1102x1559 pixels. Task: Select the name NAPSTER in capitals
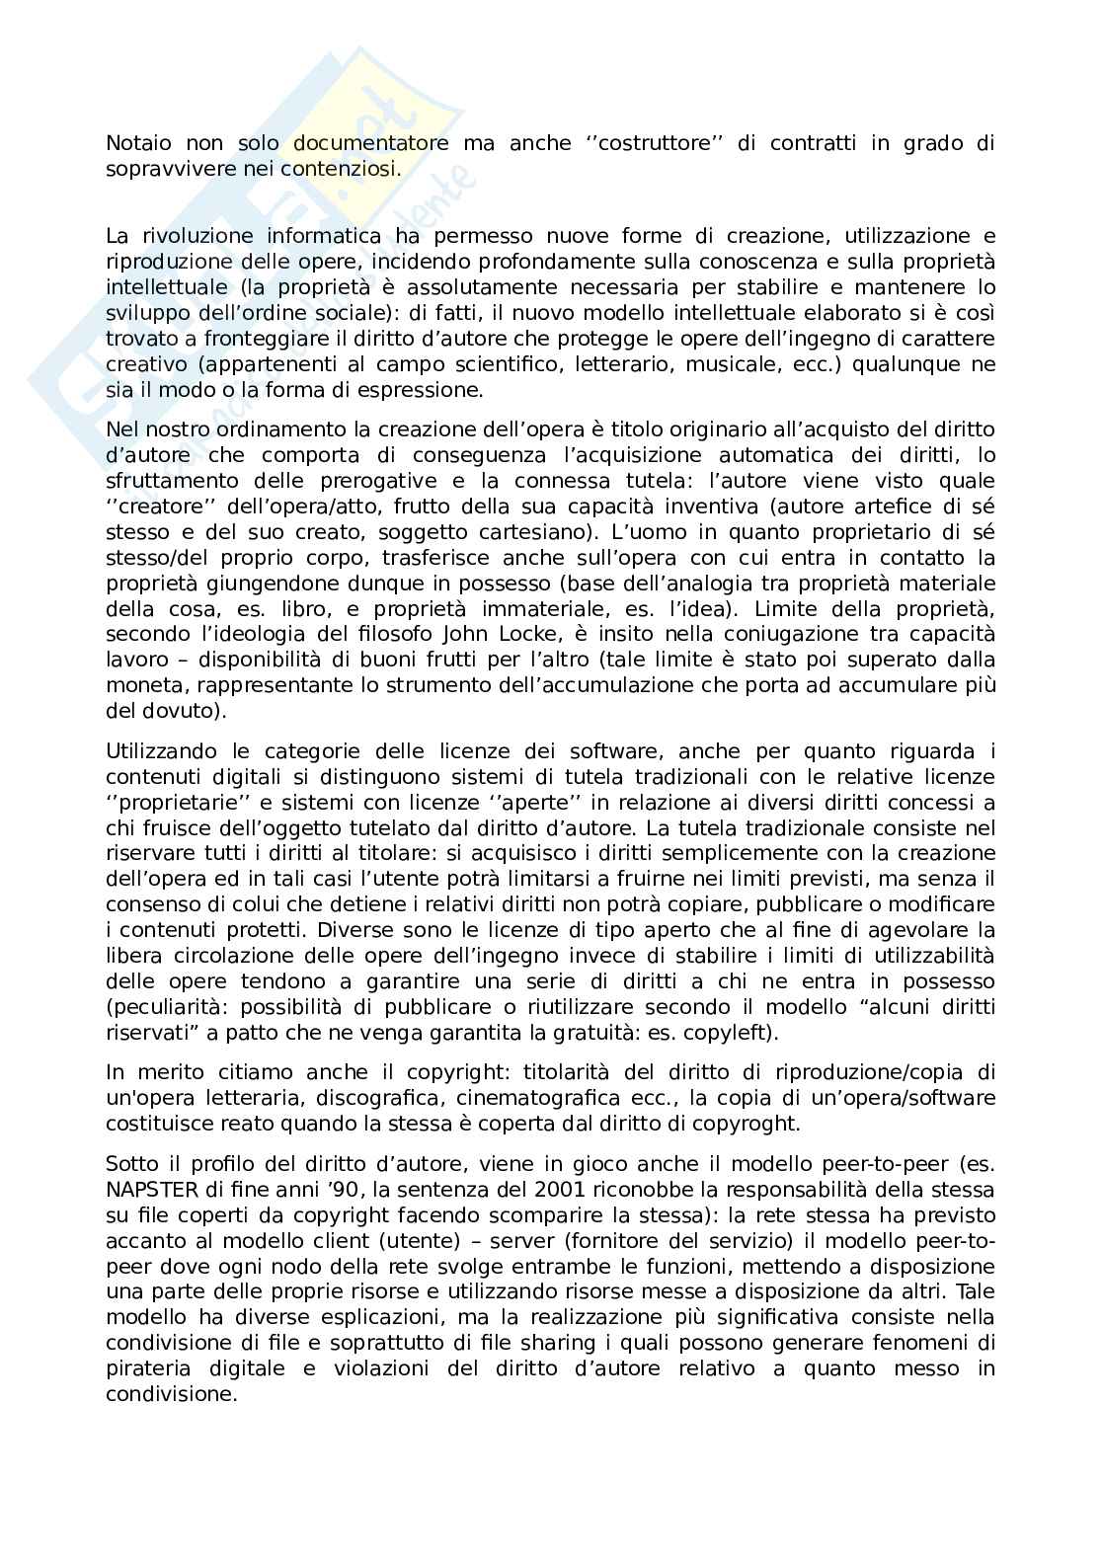click(148, 1189)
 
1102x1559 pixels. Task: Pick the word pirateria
click(147, 1368)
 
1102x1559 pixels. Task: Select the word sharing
click(558, 1343)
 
